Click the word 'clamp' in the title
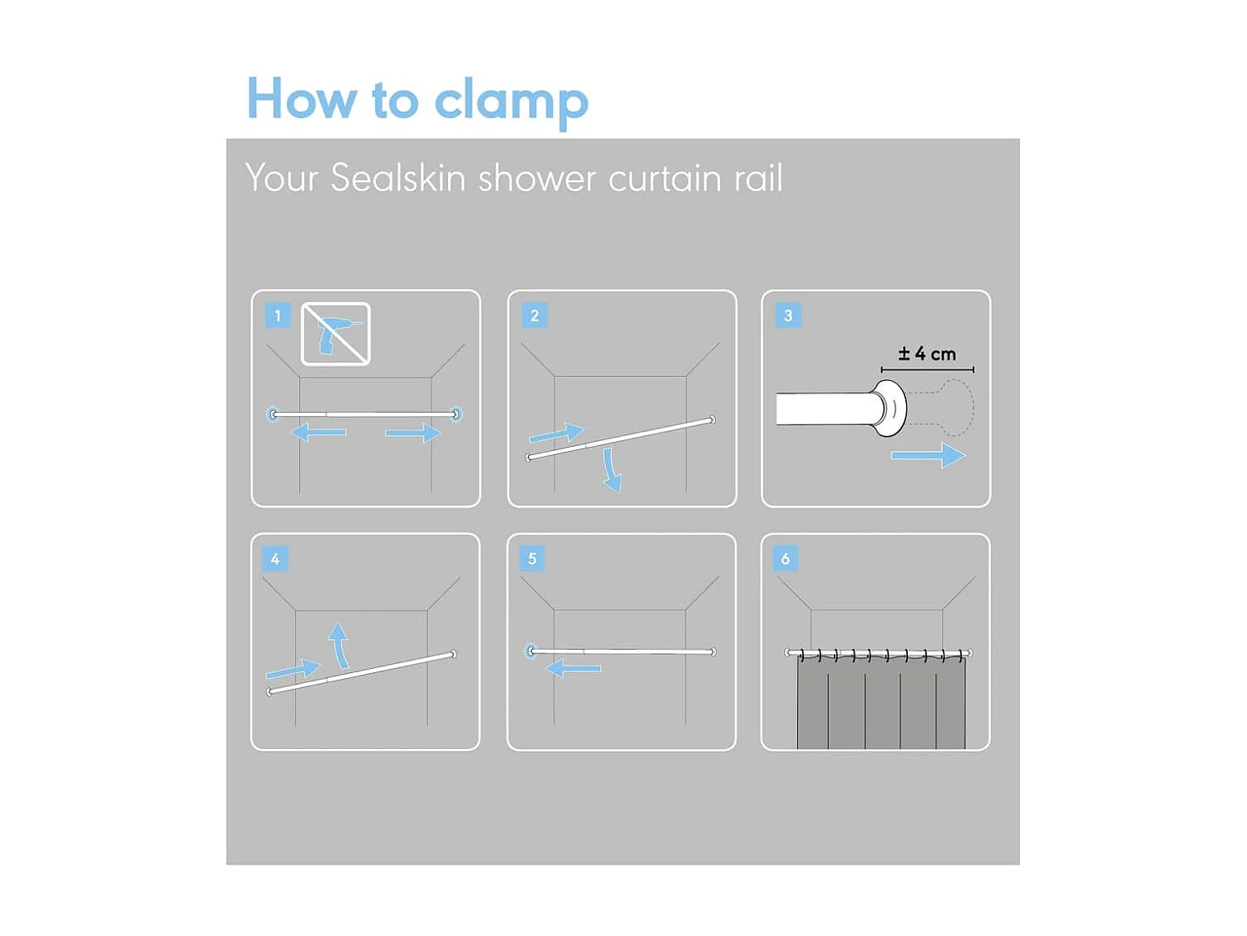[510, 102]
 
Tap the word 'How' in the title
[301, 98]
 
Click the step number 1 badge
[278, 315]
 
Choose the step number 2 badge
[534, 315]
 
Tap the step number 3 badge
[788, 315]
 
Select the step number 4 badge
[275, 559]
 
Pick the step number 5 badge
[532, 558]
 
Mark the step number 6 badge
[786, 558]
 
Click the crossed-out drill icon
[336, 334]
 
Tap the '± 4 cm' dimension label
[927, 354]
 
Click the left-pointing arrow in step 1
[318, 433]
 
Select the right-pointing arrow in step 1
[413, 433]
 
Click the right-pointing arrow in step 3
[929, 455]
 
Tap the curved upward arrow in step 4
[340, 646]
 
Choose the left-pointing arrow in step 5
[573, 668]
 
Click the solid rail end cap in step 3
[889, 409]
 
